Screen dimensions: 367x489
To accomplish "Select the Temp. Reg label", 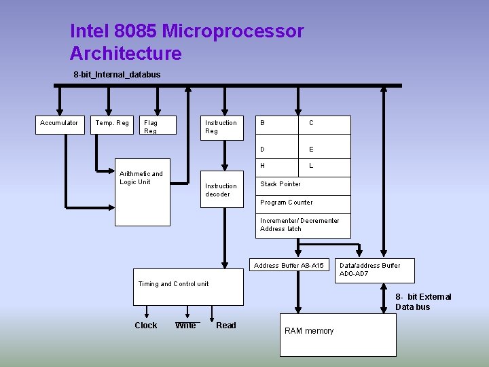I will pyautogui.click(x=112, y=123).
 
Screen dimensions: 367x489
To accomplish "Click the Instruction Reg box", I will pyautogui.click(x=221, y=127).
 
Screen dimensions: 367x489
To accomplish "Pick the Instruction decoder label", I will pyautogui.click(x=221, y=190).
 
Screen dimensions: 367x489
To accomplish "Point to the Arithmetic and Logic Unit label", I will pyautogui.click(x=141, y=178).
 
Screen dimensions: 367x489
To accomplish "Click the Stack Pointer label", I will pyautogui.click(x=280, y=184).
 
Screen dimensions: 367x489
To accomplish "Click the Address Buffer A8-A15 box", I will pyautogui.click(x=289, y=265).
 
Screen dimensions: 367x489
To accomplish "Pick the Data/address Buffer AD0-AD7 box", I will pyautogui.click(x=369, y=269).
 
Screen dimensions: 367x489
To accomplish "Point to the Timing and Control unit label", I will pyautogui.click(x=173, y=284).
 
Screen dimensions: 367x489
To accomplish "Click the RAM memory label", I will pyautogui.click(x=309, y=331).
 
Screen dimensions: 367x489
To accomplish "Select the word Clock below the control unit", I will pyautogui.click(x=145, y=326).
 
